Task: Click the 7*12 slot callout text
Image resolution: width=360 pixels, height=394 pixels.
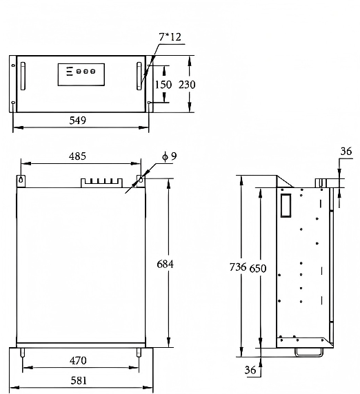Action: point(170,37)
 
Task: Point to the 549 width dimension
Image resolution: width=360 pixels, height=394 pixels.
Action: point(78,121)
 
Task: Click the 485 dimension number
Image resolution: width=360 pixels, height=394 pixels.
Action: point(77,156)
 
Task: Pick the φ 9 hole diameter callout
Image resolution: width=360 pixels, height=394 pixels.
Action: point(169,156)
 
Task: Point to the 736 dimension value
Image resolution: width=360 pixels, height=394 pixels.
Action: point(239,267)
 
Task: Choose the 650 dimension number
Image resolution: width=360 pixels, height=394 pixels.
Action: point(257,267)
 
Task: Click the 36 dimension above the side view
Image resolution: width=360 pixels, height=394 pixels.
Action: point(346,152)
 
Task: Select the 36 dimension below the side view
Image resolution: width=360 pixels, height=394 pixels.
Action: point(250,371)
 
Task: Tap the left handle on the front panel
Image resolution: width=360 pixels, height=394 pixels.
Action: point(22,76)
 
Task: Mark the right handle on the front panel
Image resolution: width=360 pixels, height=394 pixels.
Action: point(140,76)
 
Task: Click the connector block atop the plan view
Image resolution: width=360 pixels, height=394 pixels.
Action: point(100,183)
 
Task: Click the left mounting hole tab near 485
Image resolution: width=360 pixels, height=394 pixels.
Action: point(21,180)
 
